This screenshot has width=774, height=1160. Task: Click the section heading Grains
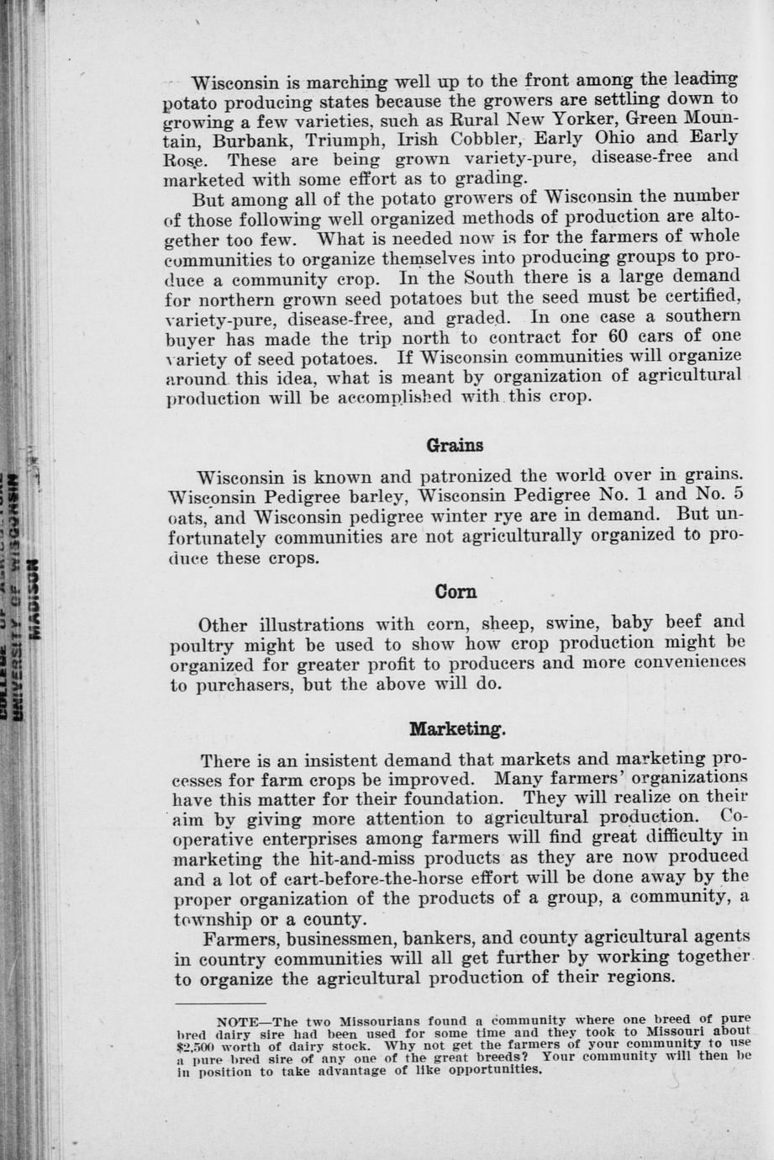(455, 445)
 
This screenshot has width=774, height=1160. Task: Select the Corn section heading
(456, 592)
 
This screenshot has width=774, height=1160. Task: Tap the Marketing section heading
(457, 728)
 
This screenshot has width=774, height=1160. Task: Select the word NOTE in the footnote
(236, 1021)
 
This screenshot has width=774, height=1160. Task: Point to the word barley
(361, 495)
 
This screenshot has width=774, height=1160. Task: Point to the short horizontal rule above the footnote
(208, 1004)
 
